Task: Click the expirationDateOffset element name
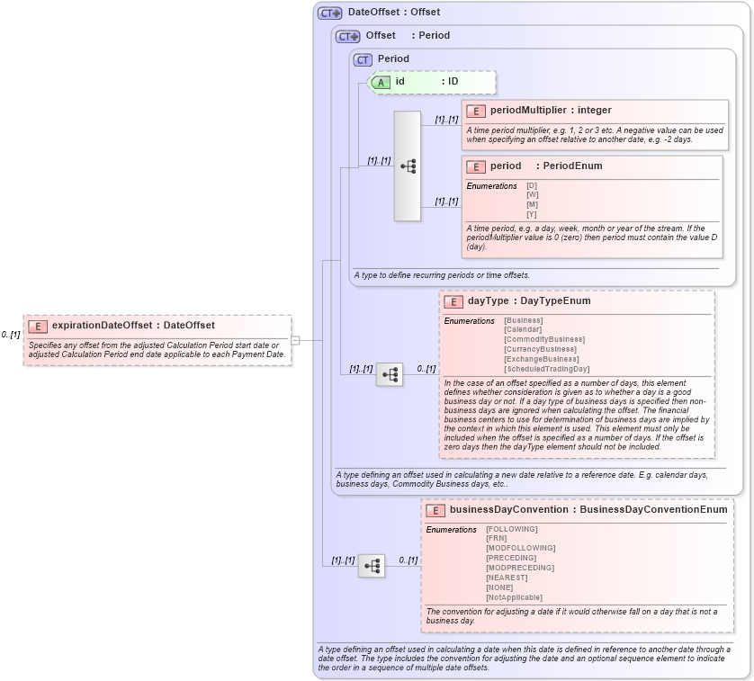pyautogui.click(x=102, y=326)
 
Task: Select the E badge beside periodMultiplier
pyautogui.click(x=475, y=111)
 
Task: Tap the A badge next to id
pyautogui.click(x=381, y=82)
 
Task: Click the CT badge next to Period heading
pyautogui.click(x=363, y=59)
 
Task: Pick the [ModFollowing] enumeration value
pyautogui.click(x=520, y=548)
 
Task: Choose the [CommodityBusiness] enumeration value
pyautogui.click(x=543, y=339)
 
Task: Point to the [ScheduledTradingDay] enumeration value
pyautogui.click(x=546, y=369)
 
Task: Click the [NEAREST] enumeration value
pyautogui.click(x=507, y=578)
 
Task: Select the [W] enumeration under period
pyautogui.click(x=532, y=194)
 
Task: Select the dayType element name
pyautogui.click(x=487, y=301)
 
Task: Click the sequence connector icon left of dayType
pyautogui.click(x=390, y=375)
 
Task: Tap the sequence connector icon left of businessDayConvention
pyautogui.click(x=372, y=566)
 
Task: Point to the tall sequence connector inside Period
pyautogui.click(x=407, y=166)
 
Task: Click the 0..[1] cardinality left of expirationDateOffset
pyautogui.click(x=11, y=335)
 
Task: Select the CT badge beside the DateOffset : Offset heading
pyautogui.click(x=329, y=13)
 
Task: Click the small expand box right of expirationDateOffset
pyautogui.click(x=294, y=340)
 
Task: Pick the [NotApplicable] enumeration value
pyautogui.click(x=514, y=597)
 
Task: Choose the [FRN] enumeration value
pyautogui.click(x=496, y=538)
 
